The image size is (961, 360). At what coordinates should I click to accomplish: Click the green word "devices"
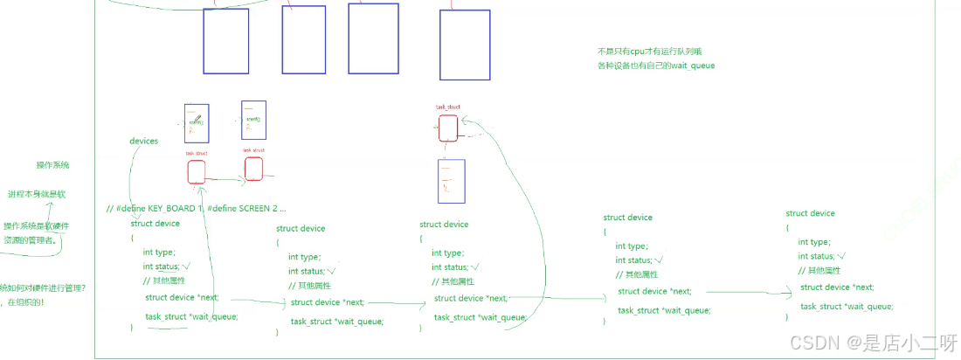(144, 141)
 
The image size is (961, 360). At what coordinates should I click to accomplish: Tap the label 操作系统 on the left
(52, 164)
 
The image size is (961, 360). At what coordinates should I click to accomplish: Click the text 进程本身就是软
(34, 193)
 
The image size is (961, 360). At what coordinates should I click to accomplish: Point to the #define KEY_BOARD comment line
(196, 209)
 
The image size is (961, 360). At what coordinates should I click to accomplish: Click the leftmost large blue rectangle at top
(225, 41)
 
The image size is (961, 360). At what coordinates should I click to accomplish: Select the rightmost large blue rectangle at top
(464, 45)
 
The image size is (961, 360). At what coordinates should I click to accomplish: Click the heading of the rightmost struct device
(810, 213)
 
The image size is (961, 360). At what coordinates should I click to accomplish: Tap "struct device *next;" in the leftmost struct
(182, 297)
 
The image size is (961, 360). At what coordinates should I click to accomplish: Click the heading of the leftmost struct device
(155, 224)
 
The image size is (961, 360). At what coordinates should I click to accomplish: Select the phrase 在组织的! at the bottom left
(27, 301)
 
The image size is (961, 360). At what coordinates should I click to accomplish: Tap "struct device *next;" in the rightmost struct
(837, 287)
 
